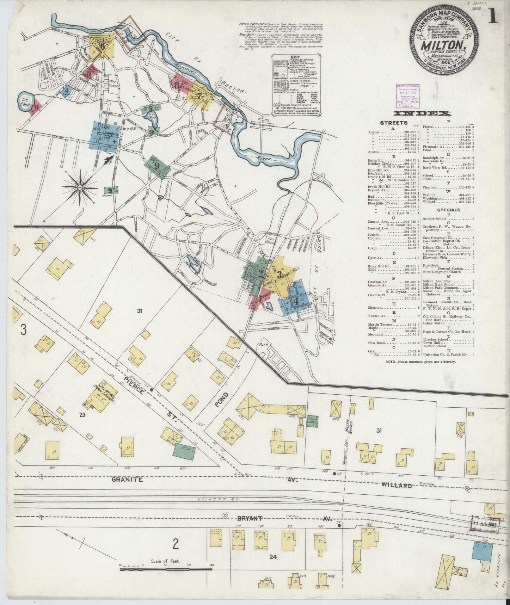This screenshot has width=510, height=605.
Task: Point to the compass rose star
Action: [80, 188]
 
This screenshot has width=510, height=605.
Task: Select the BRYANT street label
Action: [250, 519]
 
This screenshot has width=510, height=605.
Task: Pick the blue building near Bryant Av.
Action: [483, 552]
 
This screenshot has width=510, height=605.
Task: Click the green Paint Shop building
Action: [313, 421]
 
